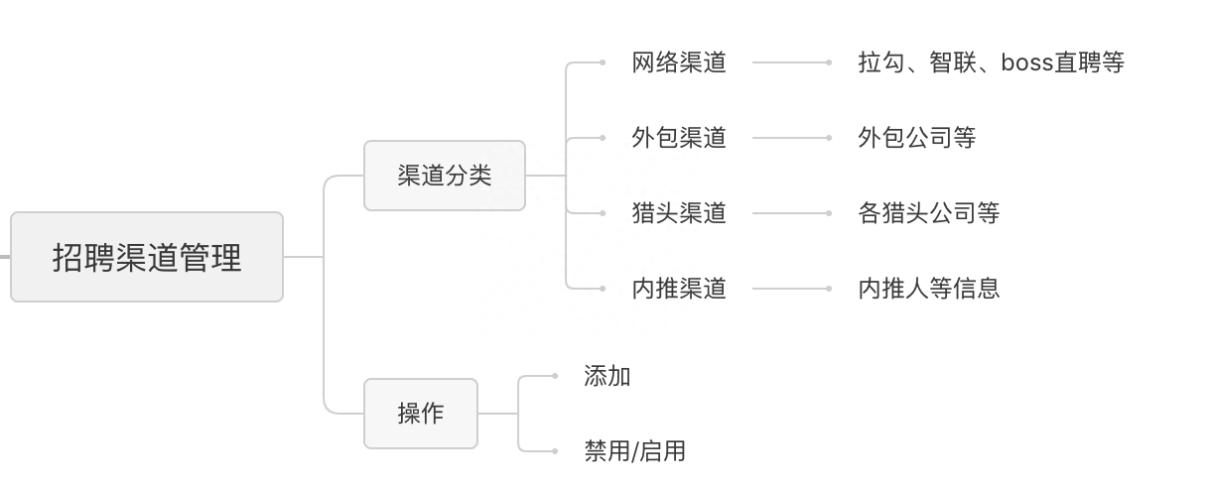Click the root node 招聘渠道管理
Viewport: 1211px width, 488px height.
147,257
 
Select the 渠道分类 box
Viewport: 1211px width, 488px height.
444,176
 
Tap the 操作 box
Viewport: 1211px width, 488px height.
420,414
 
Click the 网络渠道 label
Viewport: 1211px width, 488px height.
679,62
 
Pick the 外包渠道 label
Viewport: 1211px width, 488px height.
679,138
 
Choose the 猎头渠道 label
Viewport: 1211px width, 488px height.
679,213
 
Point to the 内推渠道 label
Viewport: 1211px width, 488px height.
679,289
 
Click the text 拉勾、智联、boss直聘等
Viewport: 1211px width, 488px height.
991,62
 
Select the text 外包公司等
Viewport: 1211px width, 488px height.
916,138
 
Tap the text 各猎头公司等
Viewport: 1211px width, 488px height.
928,213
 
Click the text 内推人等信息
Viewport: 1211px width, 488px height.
928,289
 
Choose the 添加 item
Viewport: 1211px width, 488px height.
607,376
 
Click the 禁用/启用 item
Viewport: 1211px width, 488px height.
634,451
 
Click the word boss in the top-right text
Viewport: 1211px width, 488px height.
1027,62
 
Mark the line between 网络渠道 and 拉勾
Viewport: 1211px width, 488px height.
790,62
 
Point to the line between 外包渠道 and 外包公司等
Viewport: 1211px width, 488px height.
790,138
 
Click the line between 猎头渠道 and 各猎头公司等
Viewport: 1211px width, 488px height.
790,213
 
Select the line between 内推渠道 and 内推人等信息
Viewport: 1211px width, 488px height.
790,289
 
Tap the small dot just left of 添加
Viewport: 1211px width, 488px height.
555,376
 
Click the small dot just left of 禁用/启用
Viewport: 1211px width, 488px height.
555,451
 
